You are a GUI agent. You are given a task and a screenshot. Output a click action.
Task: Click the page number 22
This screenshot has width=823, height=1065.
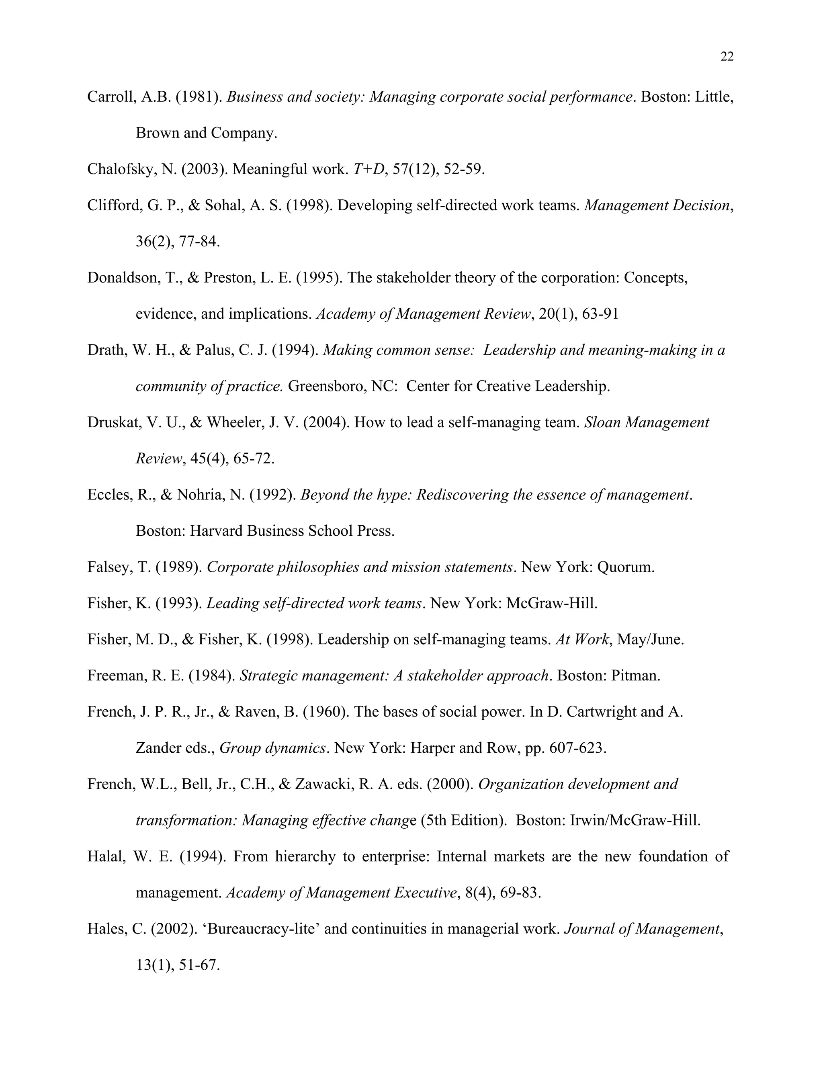click(x=727, y=57)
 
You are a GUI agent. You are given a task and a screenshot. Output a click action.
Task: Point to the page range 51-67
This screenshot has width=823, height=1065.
click(x=199, y=965)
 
